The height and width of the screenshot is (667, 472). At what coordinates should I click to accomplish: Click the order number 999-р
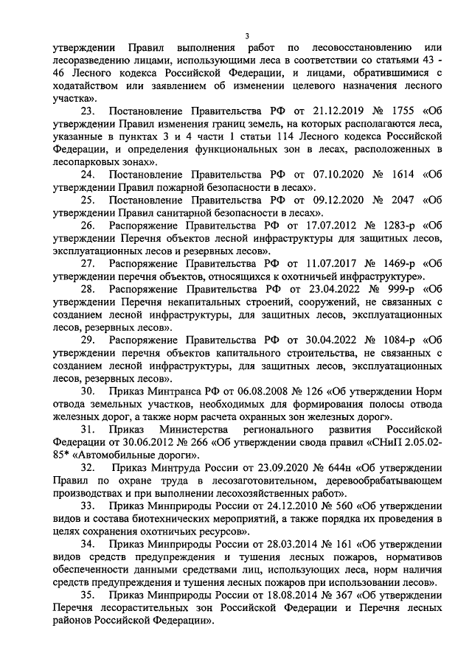point(397,289)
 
